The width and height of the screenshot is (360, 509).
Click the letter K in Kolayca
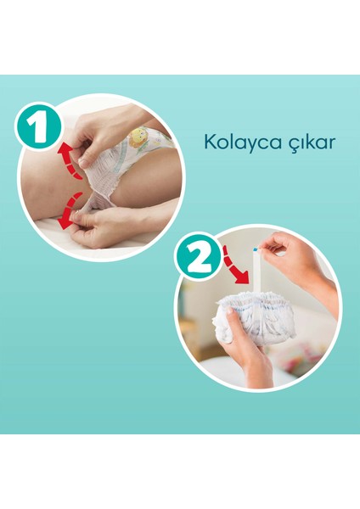(x=209, y=140)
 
